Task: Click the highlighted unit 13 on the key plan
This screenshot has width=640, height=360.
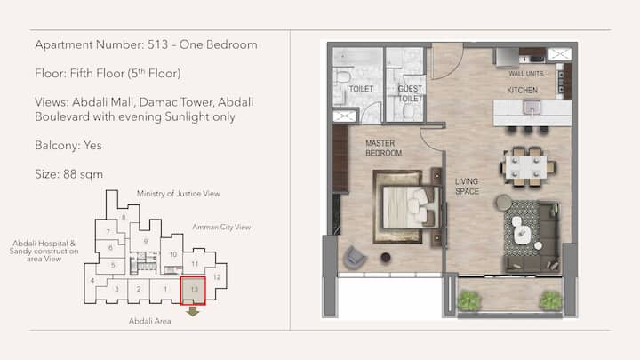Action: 193,291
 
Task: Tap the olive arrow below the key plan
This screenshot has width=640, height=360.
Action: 193,311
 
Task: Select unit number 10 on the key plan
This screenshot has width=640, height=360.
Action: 173,255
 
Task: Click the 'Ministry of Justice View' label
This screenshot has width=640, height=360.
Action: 179,194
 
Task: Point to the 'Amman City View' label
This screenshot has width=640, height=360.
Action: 221,227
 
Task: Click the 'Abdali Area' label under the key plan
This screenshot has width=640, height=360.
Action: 150,321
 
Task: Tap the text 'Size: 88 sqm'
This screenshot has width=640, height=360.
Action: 69,174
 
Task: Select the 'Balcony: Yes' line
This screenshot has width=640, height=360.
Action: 68,145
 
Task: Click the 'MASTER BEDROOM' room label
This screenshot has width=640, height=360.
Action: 384,148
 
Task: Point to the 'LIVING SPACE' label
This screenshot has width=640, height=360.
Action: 467,186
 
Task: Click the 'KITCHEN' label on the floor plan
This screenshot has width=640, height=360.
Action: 522,90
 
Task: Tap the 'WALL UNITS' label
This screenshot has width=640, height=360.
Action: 525,74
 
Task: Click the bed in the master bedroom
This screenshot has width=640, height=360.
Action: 407,207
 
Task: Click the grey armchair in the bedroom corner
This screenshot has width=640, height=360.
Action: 355,258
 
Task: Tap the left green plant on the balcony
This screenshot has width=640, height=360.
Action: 469,300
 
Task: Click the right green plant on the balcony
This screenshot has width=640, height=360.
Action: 551,300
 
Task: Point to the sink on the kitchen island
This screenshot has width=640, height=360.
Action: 532,108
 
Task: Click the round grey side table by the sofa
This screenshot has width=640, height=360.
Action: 504,203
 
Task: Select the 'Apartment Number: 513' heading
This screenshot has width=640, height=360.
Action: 101,44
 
